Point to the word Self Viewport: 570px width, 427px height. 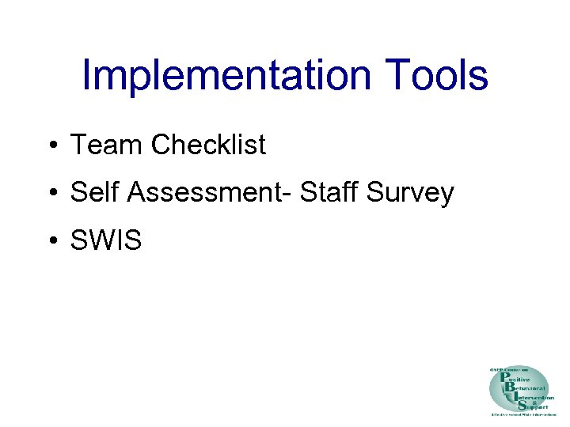93,192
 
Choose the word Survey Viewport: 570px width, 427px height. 412,192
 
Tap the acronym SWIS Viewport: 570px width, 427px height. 106,240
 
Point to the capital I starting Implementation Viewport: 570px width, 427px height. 87,77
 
